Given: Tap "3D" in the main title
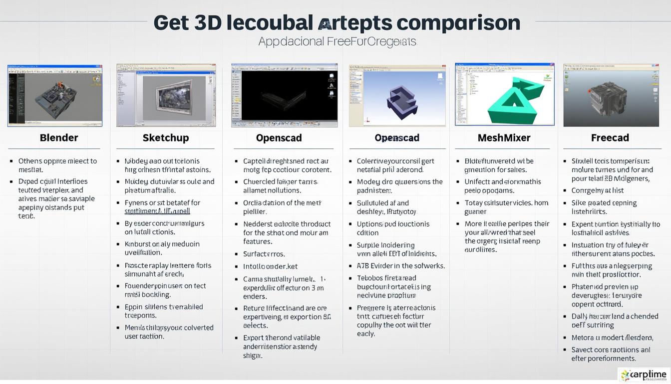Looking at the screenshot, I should (205, 22).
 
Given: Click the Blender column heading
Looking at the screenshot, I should (59, 138).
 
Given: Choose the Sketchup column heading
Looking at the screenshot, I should (166, 138).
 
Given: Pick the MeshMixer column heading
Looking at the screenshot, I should (504, 138).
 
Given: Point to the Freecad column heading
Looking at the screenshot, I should (610, 138).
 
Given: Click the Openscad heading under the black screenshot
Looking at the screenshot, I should (279, 138).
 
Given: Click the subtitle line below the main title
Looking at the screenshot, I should (337, 41).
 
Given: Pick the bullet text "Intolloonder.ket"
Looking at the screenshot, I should (270, 266).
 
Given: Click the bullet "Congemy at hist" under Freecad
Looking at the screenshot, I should (597, 190).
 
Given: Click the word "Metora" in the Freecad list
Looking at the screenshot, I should (583, 337).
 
